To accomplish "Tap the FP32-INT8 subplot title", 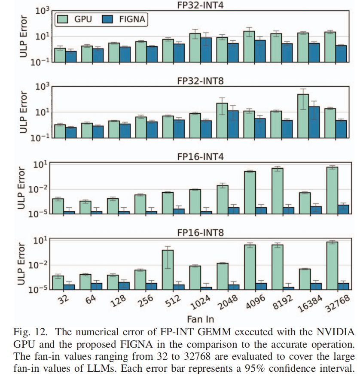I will pos(201,80).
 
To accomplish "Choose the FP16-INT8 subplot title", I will pos(201,233).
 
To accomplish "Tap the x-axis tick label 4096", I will pos(253,302).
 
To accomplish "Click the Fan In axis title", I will pos(200,319).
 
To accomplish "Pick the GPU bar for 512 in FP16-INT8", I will pos(168,269).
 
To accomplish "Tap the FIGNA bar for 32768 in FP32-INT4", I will pos(341,53).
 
